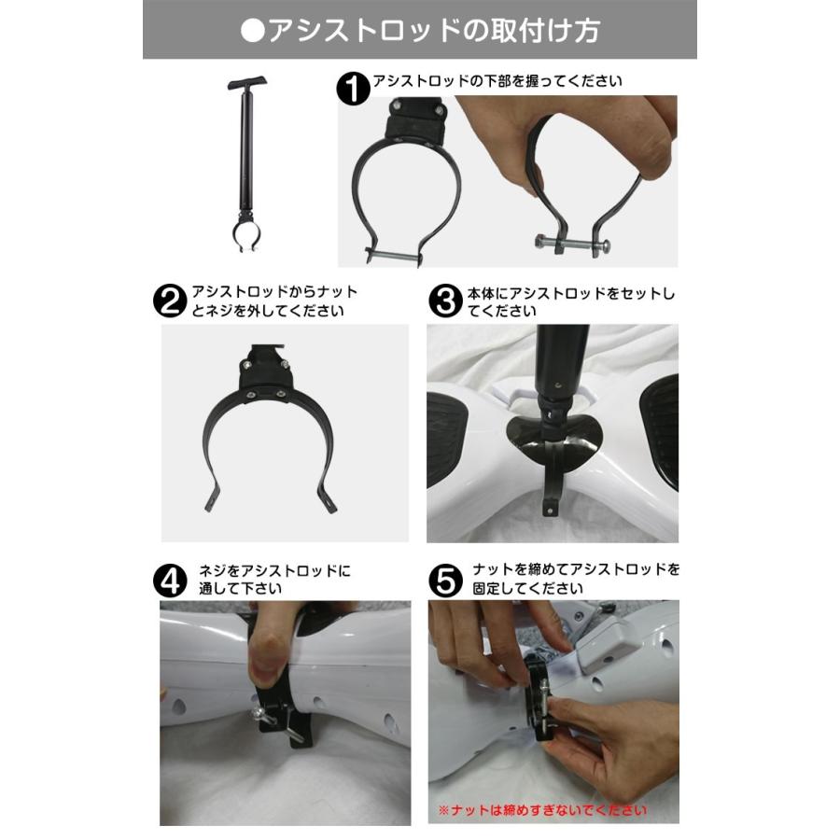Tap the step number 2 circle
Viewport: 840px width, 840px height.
pos(169,301)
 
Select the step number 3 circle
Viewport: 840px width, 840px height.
pos(445,301)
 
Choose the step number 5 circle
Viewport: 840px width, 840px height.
pos(445,579)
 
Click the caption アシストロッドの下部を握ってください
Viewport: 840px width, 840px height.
pos(497,82)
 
